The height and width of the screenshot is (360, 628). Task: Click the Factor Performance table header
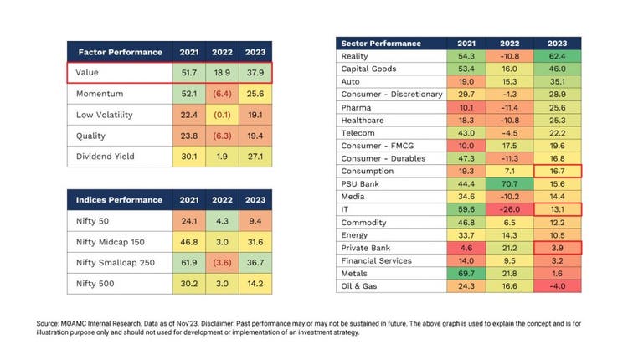[121, 52]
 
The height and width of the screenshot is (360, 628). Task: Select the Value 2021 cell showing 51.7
[188, 73]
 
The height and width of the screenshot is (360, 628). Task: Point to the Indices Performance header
[121, 201]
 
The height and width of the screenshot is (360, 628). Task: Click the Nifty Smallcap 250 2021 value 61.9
[188, 262]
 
